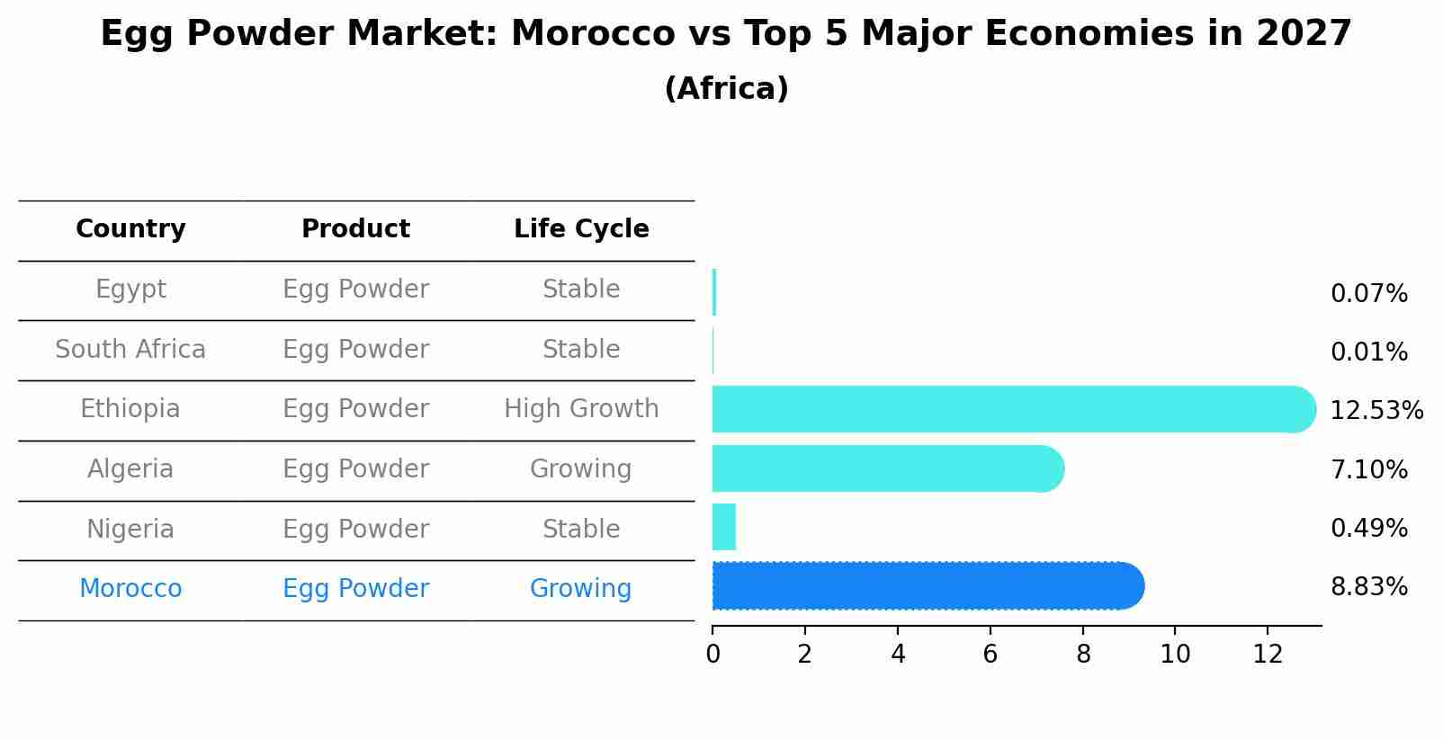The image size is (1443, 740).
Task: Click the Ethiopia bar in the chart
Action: pos(1012,409)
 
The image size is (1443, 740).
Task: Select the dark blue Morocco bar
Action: pos(927,586)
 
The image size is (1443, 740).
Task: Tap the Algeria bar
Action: pos(887,468)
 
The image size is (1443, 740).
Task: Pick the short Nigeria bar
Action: pos(723,527)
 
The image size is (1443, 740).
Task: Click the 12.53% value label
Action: pos(1376,411)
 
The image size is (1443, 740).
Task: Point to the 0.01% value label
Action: pos(1368,352)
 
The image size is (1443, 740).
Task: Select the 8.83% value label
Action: pos(1368,587)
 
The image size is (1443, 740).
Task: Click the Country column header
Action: pos(130,229)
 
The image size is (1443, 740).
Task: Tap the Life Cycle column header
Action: pos(581,229)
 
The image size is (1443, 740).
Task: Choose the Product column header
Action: pos(355,229)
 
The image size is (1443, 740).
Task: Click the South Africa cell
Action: pos(130,349)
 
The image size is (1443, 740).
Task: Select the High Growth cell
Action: pos(581,409)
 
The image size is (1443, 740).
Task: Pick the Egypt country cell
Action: pos(130,290)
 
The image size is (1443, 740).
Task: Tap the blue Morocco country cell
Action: pos(130,589)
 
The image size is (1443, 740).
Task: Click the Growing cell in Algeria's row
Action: pos(581,469)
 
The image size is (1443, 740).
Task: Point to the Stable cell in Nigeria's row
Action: pos(581,529)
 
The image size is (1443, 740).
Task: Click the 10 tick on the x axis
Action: pos(1175,655)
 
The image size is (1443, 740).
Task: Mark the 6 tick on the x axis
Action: pos(990,655)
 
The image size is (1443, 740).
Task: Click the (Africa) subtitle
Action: pos(726,89)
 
